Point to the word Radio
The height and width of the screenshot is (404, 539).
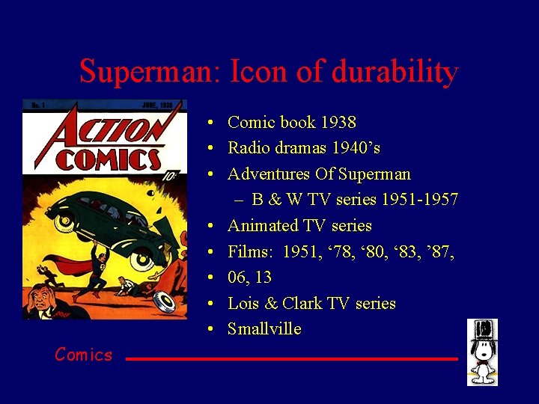click(249, 148)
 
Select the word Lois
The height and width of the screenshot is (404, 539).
click(243, 303)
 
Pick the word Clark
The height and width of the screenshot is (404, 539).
click(302, 303)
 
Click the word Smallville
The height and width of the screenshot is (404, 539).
click(264, 329)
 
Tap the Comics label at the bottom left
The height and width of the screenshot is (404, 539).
click(83, 355)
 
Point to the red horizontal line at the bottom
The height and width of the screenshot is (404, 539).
click(291, 359)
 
